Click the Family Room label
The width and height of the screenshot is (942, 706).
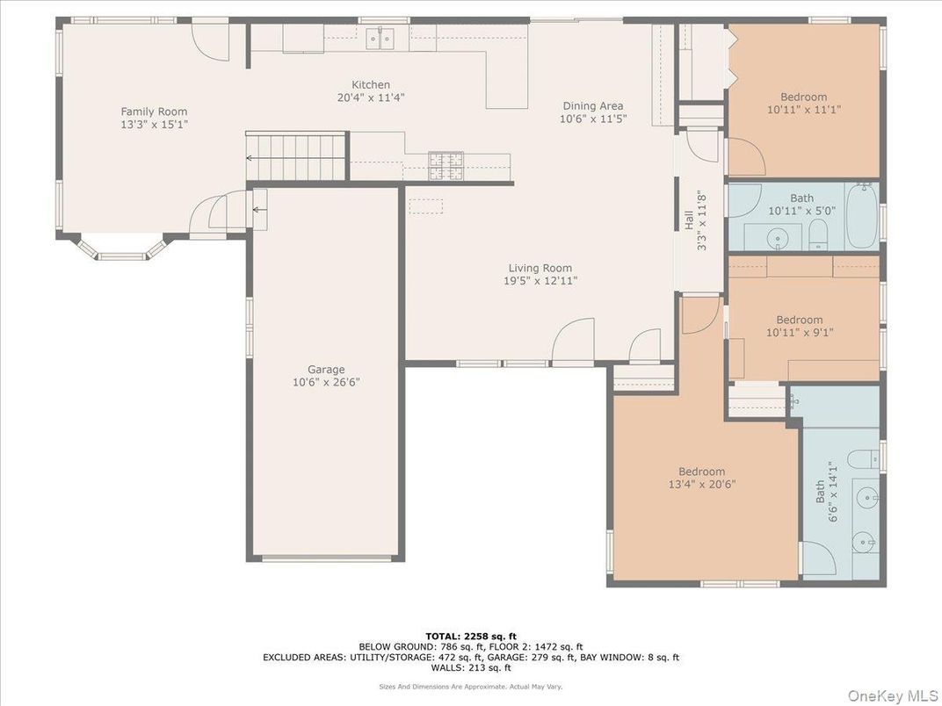tap(154, 112)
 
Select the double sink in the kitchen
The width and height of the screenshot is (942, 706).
tap(380, 38)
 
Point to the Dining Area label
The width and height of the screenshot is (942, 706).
tap(593, 105)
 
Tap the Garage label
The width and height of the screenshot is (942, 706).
tap(325, 369)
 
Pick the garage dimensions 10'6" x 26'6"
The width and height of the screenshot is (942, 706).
tap(325, 382)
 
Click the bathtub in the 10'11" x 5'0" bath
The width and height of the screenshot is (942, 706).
tap(862, 215)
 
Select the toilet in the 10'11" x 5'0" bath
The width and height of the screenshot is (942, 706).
tap(817, 234)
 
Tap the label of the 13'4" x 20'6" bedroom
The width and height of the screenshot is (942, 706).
tap(701, 472)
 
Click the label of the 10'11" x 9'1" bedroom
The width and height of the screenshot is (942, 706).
tap(799, 320)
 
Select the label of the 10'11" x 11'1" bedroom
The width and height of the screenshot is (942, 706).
tap(803, 97)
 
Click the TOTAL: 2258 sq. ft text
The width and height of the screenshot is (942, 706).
tap(471, 636)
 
